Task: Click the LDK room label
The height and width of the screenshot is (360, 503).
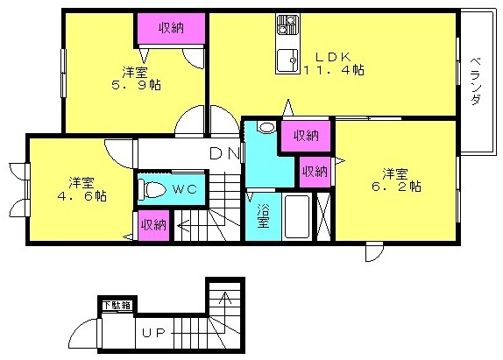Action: click(x=333, y=57)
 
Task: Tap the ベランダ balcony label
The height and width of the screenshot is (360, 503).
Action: click(x=477, y=81)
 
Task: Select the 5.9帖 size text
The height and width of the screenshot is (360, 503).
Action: click(x=136, y=85)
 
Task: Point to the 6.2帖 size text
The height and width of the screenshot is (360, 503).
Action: click(x=396, y=187)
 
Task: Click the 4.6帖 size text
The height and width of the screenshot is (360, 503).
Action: click(x=81, y=195)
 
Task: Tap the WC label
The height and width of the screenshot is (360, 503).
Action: click(x=184, y=189)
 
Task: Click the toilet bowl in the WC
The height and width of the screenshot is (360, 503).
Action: click(x=152, y=189)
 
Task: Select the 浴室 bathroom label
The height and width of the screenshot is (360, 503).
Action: click(x=263, y=216)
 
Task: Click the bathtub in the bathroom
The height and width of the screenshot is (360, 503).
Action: click(x=297, y=216)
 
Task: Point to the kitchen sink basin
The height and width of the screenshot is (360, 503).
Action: click(x=287, y=61)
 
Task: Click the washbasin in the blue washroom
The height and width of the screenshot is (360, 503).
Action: click(x=266, y=127)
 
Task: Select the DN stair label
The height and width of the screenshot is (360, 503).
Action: click(x=224, y=153)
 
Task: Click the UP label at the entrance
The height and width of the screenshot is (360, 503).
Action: click(x=154, y=334)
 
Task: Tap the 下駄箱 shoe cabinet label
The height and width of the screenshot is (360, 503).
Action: click(x=117, y=305)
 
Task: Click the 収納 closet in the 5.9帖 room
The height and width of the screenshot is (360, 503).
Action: click(x=171, y=28)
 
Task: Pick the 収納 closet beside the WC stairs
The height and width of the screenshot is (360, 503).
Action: click(x=154, y=225)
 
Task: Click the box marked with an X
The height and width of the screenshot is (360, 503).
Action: click(x=323, y=216)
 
